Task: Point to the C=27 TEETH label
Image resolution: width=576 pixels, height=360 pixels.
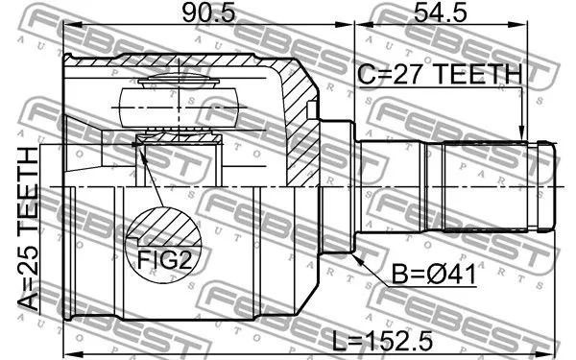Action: (x=440, y=74)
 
